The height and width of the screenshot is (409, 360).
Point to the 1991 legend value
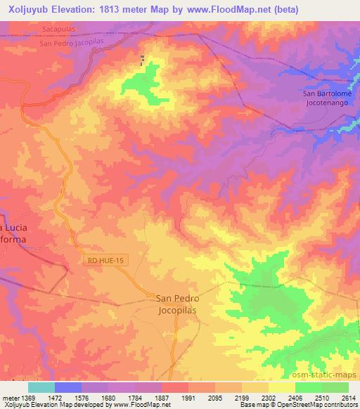coord(188,398)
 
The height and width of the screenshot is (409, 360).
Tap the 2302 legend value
coord(268,398)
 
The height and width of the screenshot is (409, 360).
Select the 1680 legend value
coord(108,398)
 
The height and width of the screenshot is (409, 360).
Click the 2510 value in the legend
coord(321,398)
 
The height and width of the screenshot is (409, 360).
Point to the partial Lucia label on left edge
coord(13,229)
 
